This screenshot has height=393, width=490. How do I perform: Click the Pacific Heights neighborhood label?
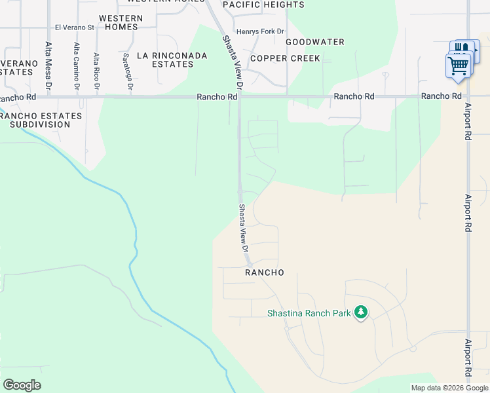point(263,5)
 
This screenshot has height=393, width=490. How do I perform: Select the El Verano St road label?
point(75,28)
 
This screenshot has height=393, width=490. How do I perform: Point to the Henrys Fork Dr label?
point(261,31)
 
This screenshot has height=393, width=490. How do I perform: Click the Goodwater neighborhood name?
point(315,42)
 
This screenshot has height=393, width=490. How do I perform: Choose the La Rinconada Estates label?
point(170,60)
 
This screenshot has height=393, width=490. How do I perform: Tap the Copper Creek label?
point(285,58)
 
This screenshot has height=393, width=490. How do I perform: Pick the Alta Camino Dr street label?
point(77,66)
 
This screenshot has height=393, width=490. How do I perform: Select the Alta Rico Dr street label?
point(96,71)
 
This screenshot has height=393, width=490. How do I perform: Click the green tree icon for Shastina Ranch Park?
point(360,312)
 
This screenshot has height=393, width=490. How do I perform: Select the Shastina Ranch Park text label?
point(309,313)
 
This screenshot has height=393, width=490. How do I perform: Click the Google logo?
point(22,385)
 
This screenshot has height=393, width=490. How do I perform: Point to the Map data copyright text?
point(449,388)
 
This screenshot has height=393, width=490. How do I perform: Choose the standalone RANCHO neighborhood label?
point(265,272)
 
